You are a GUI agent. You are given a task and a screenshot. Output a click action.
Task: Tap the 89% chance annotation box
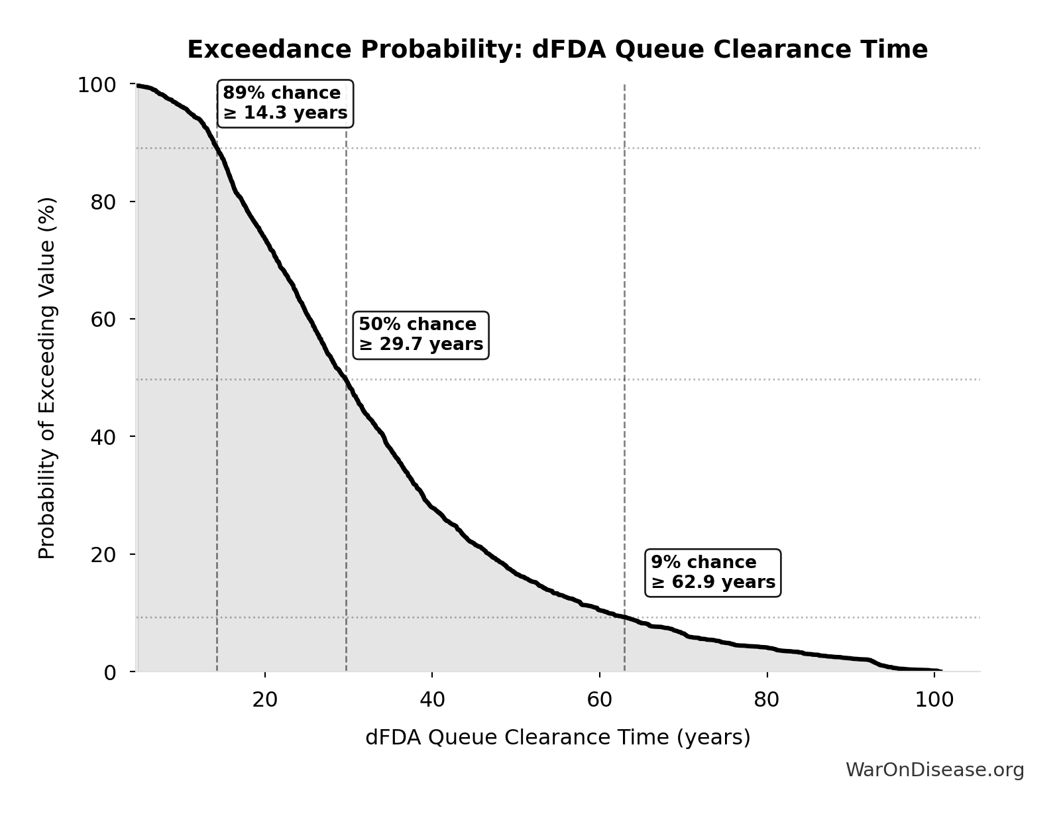pos(285,103)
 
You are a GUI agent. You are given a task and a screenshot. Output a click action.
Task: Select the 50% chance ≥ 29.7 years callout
pos(421,335)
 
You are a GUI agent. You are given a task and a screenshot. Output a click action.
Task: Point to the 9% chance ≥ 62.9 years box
pos(713,573)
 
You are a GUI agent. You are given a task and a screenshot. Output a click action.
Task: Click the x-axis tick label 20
pos(265,700)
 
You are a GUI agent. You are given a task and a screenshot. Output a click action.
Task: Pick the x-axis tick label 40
pos(432,700)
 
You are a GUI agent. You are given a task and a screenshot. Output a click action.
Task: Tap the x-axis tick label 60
pos(600,700)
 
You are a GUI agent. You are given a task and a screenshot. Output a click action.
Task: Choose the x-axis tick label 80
pos(767,700)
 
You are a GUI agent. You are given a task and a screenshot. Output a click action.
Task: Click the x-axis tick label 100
pos(934,700)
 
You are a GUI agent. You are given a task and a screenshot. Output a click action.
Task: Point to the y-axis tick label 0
pos(110,673)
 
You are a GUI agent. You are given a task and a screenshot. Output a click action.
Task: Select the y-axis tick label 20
pos(103,555)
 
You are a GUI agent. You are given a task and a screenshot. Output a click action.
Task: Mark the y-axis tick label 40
pos(103,438)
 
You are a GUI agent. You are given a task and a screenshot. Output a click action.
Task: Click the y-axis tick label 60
pos(103,320)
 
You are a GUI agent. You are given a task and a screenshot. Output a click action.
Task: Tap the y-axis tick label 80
pos(103,202)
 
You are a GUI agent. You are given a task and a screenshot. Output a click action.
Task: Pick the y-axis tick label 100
pos(97,86)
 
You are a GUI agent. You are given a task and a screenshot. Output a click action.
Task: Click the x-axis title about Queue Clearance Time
pos(557,738)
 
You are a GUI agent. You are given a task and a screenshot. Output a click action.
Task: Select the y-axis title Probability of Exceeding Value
pos(47,378)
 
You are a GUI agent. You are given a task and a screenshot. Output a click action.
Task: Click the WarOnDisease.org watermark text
pos(934,770)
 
